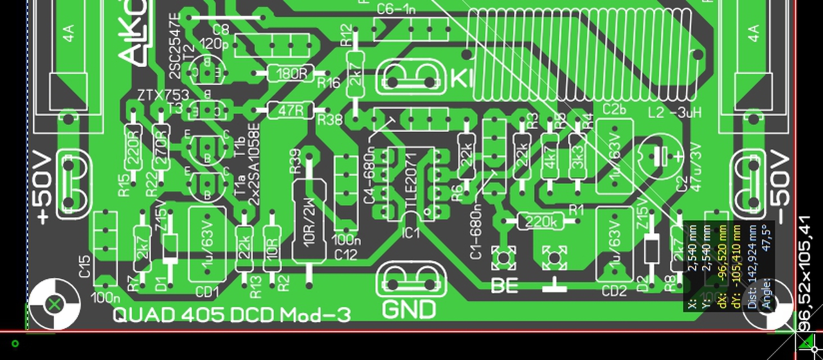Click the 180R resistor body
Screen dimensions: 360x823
(x=291, y=73)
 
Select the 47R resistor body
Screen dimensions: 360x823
(x=291, y=111)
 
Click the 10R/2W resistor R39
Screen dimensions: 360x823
(x=309, y=221)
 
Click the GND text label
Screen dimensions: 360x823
(x=409, y=310)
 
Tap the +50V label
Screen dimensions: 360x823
(x=43, y=188)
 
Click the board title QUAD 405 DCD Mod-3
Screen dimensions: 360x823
(x=232, y=315)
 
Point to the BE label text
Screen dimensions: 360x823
(x=505, y=285)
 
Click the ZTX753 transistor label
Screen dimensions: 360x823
(x=163, y=96)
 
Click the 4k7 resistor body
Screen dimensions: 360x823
(x=550, y=156)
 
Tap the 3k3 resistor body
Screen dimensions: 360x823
(x=577, y=156)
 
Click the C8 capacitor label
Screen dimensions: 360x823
(x=221, y=30)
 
